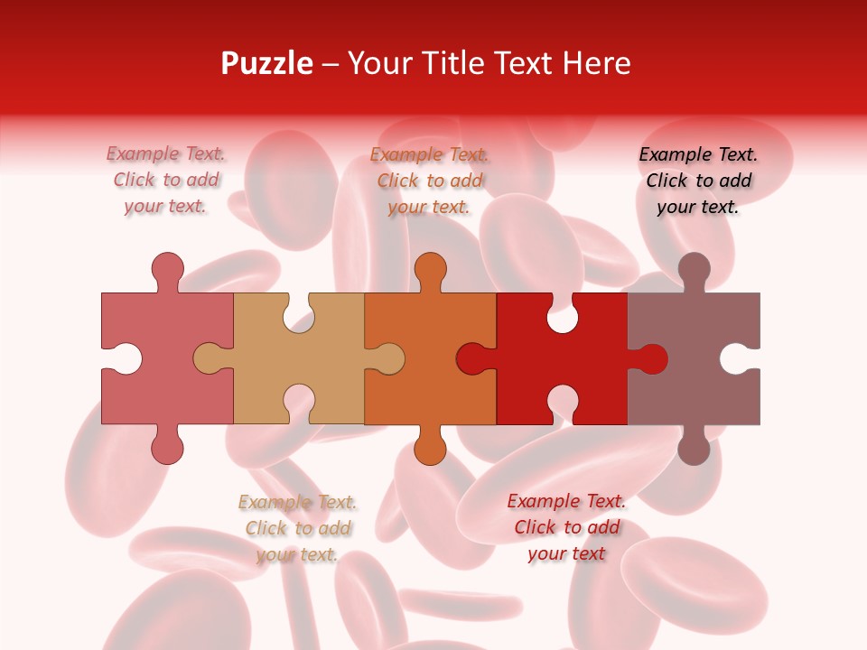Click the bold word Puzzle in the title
click(266, 63)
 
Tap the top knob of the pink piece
click(168, 268)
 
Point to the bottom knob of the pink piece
click(168, 448)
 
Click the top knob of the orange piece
click(430, 268)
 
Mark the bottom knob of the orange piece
click(430, 448)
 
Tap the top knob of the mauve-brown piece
click(694, 268)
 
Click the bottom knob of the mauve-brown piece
click(694, 448)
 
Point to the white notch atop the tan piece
click(299, 316)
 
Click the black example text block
click(698, 181)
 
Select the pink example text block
click(166, 181)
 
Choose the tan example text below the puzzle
click(297, 528)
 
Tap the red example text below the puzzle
click(566, 527)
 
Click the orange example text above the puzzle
click(430, 181)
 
